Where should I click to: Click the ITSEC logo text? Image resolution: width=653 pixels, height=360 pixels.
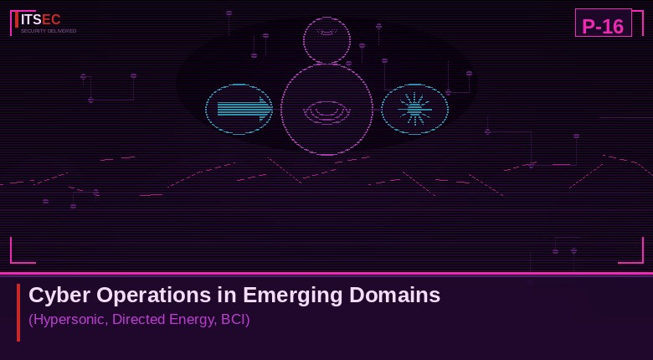pos(40,19)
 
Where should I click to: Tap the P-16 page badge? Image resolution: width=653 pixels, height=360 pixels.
pos(603,26)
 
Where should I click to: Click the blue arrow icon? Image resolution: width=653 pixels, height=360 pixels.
pos(243,109)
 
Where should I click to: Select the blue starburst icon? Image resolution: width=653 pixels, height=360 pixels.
pos(414,109)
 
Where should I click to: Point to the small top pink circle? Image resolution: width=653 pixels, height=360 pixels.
pos(326,39)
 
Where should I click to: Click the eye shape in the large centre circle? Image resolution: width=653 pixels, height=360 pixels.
pos(326,111)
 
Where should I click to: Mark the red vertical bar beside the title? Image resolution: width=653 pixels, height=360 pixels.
pos(18,311)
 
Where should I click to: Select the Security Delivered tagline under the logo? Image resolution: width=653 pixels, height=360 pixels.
pos(49,31)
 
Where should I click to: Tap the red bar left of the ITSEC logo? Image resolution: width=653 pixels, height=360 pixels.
pos(16,20)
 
